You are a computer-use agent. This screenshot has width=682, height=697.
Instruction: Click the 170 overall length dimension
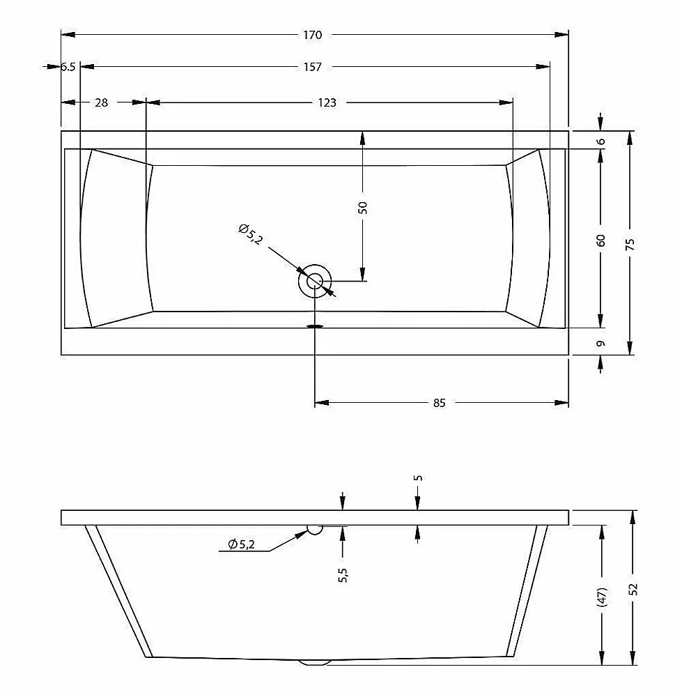[312, 35]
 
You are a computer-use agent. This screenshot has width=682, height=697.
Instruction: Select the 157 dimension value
[312, 67]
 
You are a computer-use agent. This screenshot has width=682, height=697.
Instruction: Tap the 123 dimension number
[327, 102]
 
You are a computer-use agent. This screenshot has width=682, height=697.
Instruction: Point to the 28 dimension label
[101, 102]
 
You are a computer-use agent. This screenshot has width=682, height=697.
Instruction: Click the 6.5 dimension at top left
[68, 67]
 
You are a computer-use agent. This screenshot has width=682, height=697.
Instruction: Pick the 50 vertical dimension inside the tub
[363, 208]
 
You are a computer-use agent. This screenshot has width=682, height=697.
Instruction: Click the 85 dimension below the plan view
[439, 403]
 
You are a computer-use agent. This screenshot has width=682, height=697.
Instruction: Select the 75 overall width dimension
[630, 244]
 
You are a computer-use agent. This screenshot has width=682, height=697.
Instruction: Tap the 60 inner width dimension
[600, 240]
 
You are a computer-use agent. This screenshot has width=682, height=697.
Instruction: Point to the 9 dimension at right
[600, 344]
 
